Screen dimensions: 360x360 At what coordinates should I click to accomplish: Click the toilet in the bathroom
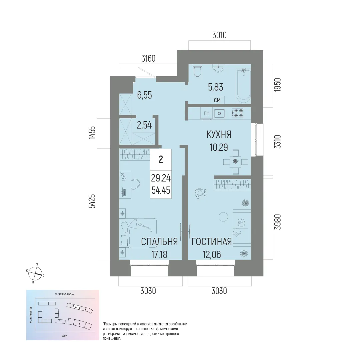[198, 70]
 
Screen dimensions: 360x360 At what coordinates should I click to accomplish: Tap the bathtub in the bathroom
[243, 86]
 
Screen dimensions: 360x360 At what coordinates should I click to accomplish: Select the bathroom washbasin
[219, 68]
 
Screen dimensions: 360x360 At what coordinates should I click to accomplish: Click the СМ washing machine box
[217, 100]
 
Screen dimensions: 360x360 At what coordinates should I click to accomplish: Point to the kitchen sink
[219, 114]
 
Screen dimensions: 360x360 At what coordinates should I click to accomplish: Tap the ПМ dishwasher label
[207, 114]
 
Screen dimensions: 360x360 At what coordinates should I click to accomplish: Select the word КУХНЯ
[219, 134]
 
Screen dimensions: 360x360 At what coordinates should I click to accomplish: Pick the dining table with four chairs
[236, 162]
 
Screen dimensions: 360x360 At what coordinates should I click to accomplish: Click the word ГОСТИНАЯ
[212, 242]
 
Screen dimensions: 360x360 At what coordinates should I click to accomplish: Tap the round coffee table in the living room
[223, 217]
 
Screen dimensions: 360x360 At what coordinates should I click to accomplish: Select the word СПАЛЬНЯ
[159, 242]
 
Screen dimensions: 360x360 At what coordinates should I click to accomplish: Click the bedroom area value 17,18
[159, 255]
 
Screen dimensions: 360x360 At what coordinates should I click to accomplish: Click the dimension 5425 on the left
[92, 201]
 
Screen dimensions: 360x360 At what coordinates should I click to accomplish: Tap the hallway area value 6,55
[144, 96]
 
